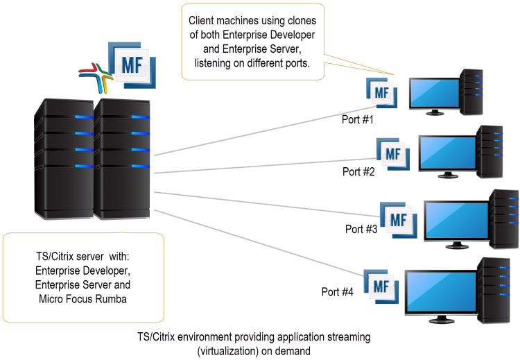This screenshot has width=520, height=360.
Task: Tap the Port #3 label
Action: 361,228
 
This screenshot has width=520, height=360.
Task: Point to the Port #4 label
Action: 338,291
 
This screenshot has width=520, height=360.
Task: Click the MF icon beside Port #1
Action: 381,93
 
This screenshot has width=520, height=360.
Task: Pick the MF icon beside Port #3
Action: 398,219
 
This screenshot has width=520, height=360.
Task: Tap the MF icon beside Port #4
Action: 381,286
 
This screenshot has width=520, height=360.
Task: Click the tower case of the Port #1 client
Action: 471,91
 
